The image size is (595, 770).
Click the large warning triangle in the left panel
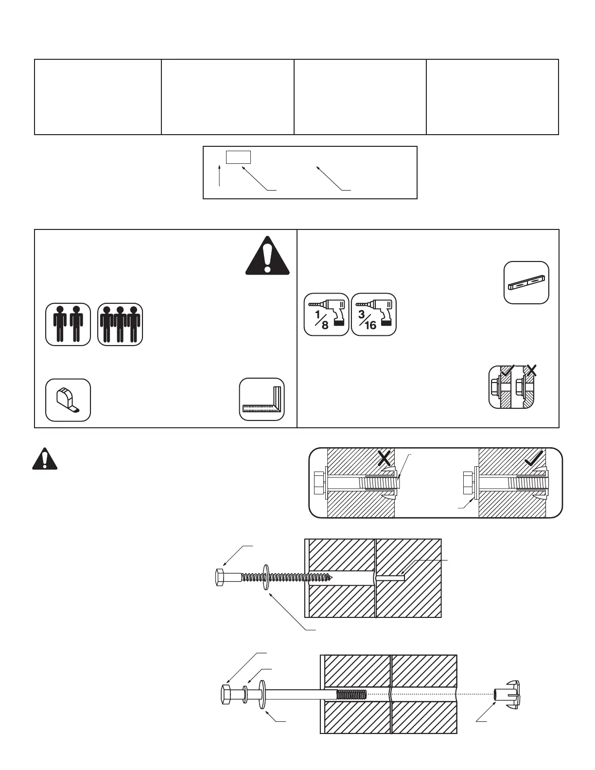[267, 256]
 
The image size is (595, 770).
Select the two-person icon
[68, 324]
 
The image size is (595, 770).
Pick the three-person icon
[120, 324]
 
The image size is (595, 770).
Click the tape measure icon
[68, 400]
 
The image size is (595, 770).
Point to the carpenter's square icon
[262, 399]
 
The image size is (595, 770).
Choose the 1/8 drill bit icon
[327, 315]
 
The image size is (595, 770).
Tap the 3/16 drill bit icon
[374, 315]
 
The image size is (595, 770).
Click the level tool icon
[526, 282]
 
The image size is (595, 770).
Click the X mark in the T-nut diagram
[385, 458]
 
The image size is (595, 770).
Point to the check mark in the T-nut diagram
[534, 457]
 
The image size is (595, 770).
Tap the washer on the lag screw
[265, 577]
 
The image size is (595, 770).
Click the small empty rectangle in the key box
[239, 157]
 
